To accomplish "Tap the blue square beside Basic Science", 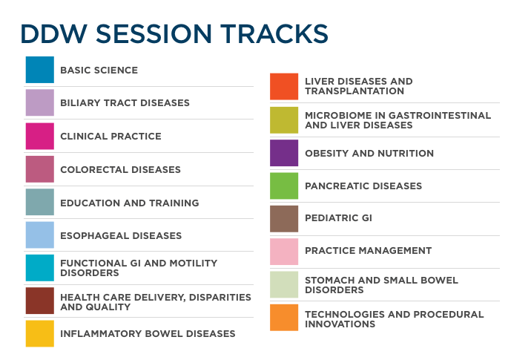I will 39,70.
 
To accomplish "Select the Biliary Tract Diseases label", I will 125,103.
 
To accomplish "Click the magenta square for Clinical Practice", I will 39,137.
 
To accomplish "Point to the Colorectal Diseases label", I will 120,170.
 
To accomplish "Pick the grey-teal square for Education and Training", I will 39,203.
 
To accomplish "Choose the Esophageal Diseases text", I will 121,236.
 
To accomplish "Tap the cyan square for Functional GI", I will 39,268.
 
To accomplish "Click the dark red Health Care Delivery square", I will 39,301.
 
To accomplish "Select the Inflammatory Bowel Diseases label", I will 148,334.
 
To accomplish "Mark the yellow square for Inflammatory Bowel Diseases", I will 39,334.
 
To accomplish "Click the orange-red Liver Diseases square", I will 284,87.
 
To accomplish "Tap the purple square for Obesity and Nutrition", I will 284,153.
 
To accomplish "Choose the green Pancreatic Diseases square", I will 284,186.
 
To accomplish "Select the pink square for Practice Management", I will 284,252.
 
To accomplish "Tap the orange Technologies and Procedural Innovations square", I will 284,318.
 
